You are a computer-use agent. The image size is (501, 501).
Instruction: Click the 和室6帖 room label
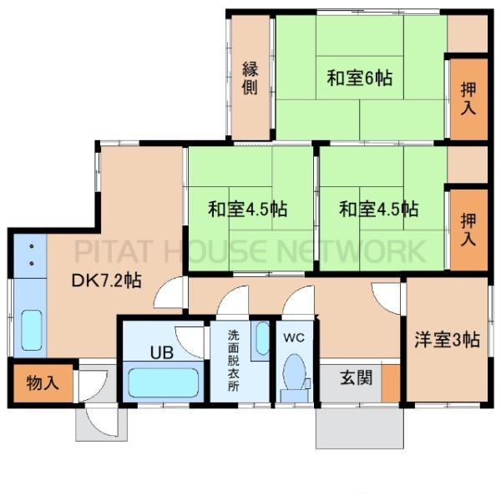point(359,78)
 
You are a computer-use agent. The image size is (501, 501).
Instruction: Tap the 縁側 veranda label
point(250,78)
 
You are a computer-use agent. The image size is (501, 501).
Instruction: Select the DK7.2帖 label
point(106,281)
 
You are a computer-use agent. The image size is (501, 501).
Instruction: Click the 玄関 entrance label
point(357,378)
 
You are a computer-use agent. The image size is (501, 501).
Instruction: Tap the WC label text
point(294,337)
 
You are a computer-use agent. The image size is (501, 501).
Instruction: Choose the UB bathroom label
point(162,352)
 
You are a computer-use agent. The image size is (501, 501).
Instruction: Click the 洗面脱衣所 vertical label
point(233,361)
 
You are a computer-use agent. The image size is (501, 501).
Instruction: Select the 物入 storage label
point(43,382)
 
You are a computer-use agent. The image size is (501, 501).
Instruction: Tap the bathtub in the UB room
point(164,382)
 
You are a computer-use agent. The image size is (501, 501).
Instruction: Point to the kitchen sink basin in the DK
point(32,330)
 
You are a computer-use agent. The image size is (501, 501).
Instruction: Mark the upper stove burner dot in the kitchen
point(32,246)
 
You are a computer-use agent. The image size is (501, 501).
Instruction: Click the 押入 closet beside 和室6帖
point(468,99)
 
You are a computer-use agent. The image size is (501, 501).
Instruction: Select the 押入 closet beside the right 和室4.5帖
point(468,230)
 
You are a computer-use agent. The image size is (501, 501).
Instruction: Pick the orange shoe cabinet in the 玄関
point(391,383)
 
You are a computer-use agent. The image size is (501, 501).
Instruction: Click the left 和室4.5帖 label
point(248,209)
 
